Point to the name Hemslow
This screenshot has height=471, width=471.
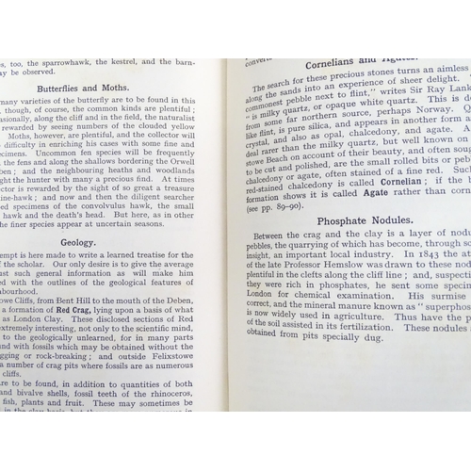pyautogui.click(x=373, y=285)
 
